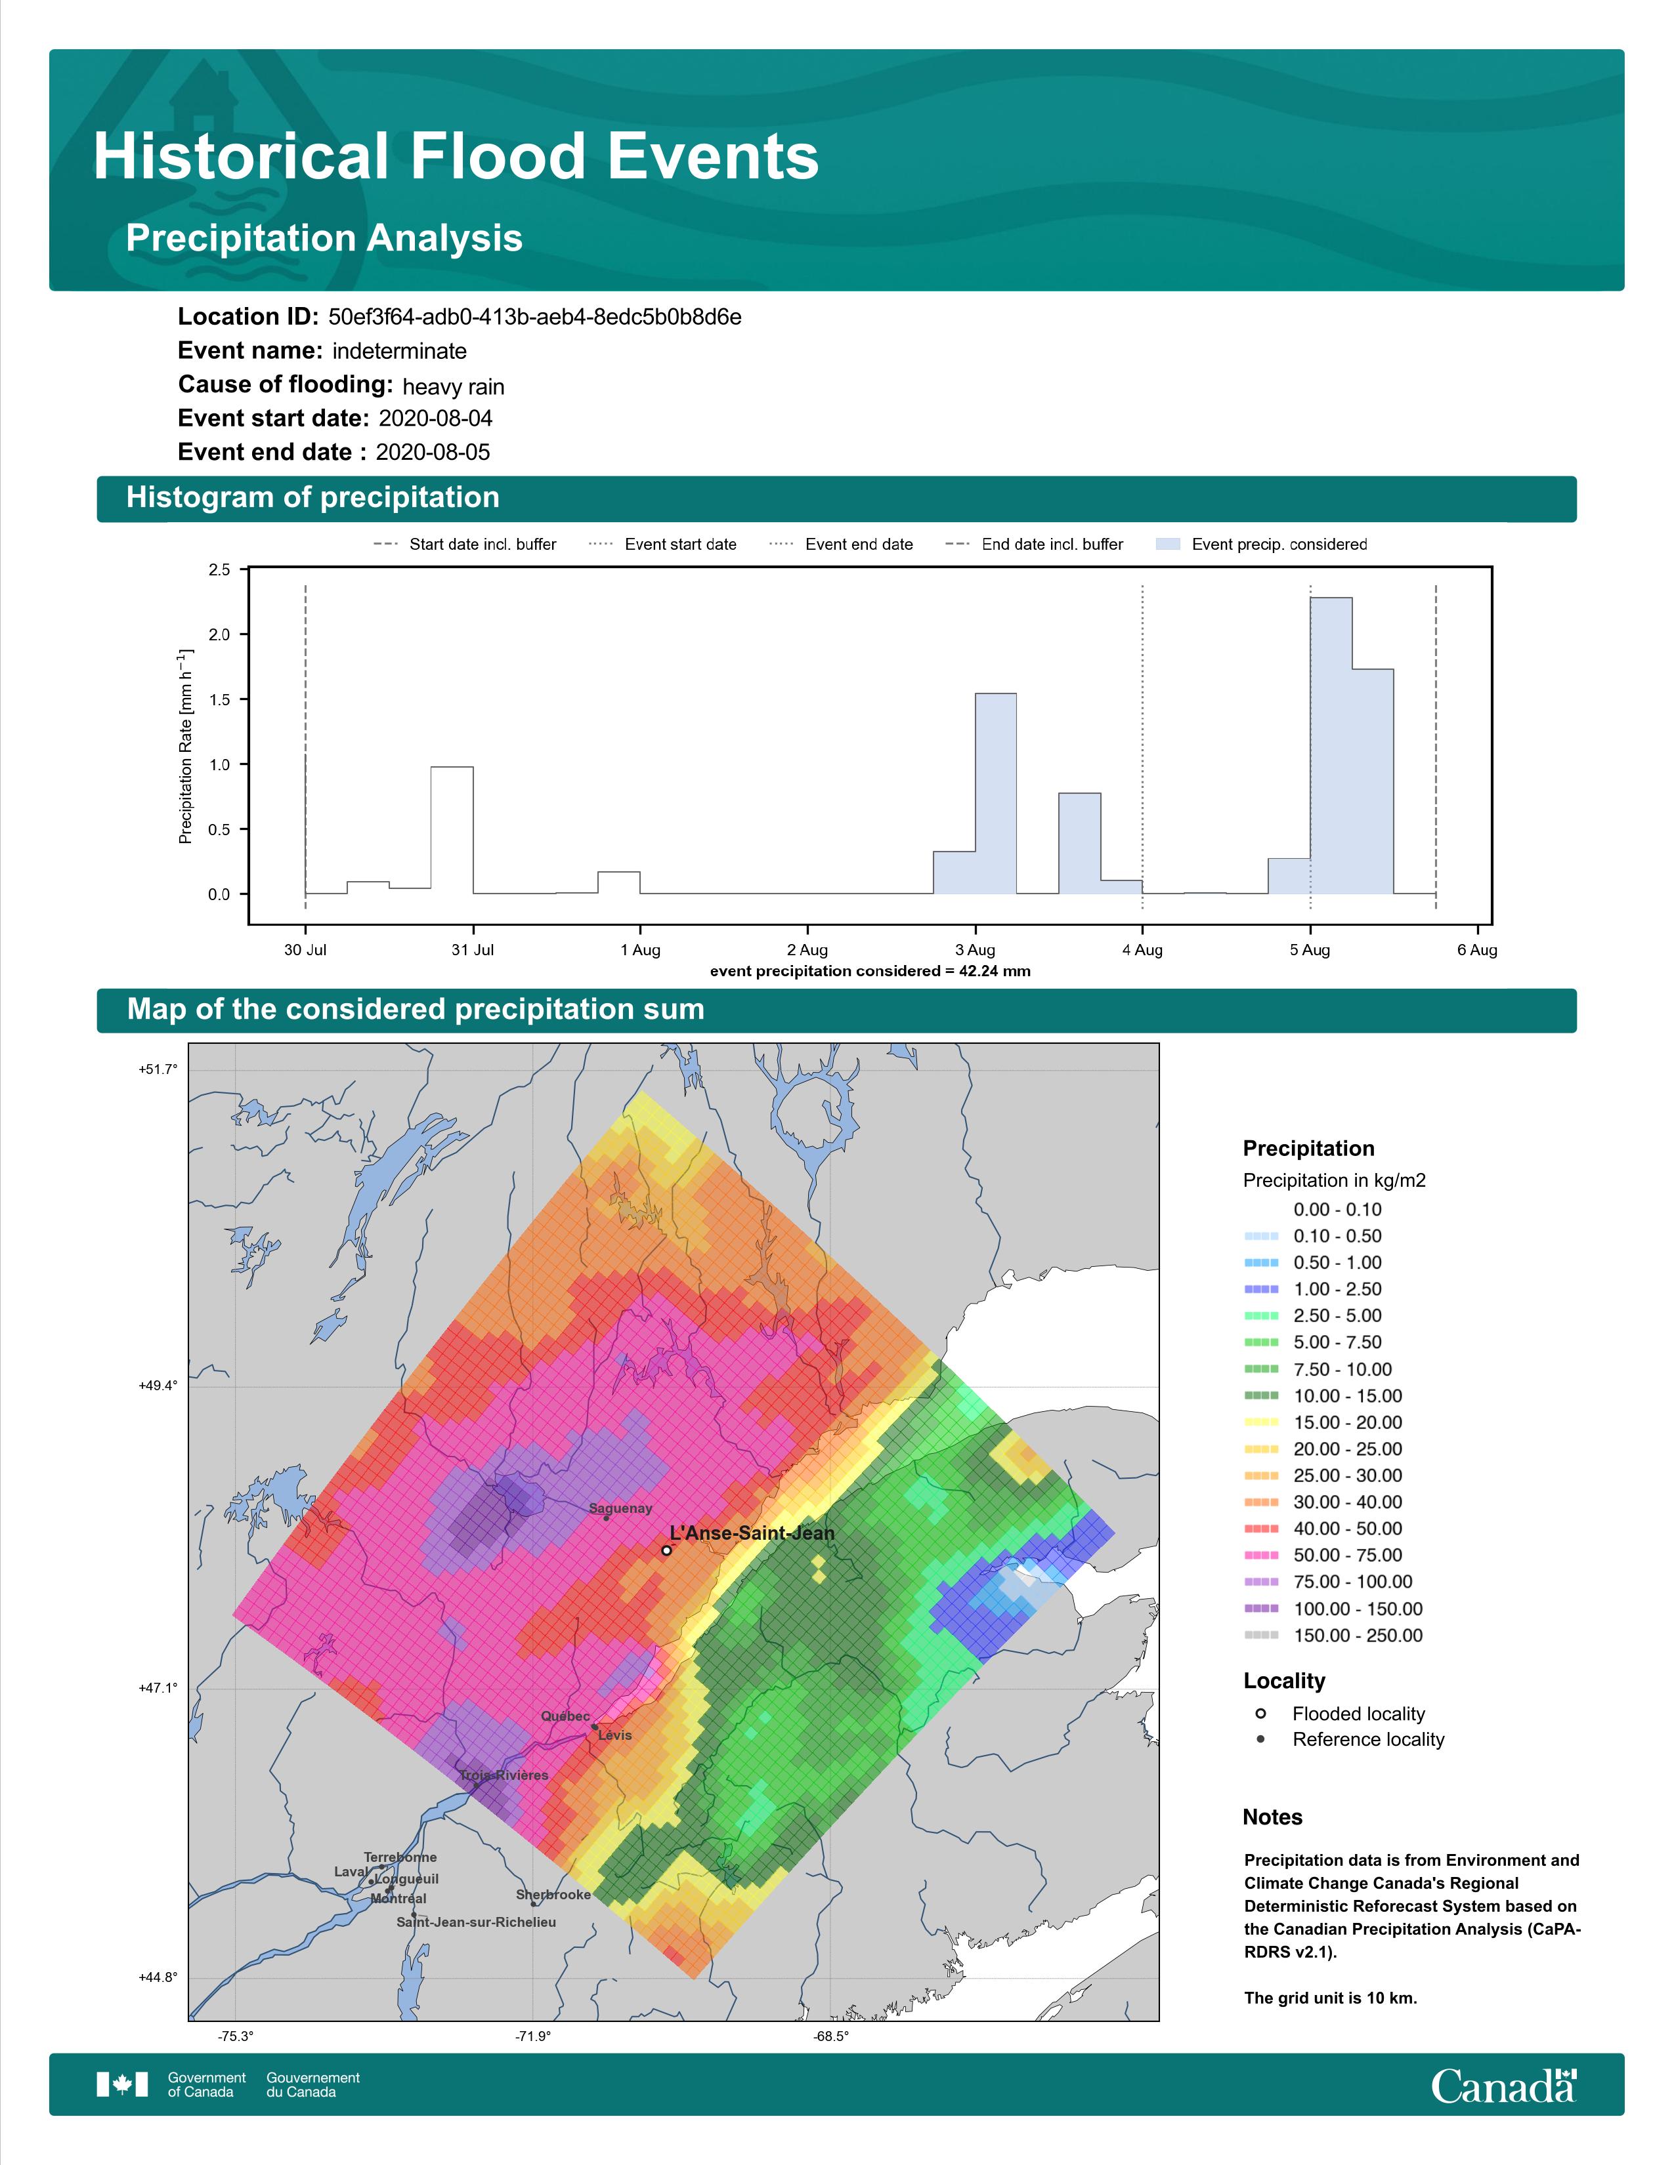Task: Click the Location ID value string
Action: click(534, 318)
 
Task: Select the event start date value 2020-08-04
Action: click(435, 419)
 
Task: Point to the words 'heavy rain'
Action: click(453, 386)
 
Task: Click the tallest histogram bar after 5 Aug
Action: click(1331, 745)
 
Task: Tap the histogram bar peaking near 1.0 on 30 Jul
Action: click(451, 830)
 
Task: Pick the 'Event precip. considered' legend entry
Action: click(1262, 545)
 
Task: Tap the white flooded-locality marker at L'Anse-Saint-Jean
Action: click(666, 1550)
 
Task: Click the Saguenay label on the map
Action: click(621, 1509)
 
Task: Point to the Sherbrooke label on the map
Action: click(553, 1895)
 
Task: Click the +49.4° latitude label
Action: click(158, 1385)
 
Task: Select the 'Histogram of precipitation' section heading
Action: click(312, 498)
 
